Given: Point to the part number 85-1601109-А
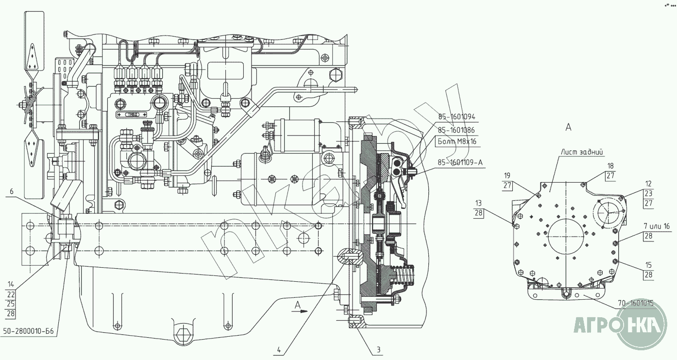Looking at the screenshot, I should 460,162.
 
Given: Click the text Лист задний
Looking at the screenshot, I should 582,152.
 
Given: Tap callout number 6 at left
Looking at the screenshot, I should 11,192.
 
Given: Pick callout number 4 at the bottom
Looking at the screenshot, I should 279,348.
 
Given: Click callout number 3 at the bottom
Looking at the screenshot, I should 379,349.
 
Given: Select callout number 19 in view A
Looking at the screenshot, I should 507,175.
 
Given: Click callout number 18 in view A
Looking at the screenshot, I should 610,166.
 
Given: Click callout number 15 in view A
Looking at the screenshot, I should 648,265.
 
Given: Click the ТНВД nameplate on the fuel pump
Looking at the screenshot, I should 132,115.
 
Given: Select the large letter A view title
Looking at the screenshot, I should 568,127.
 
